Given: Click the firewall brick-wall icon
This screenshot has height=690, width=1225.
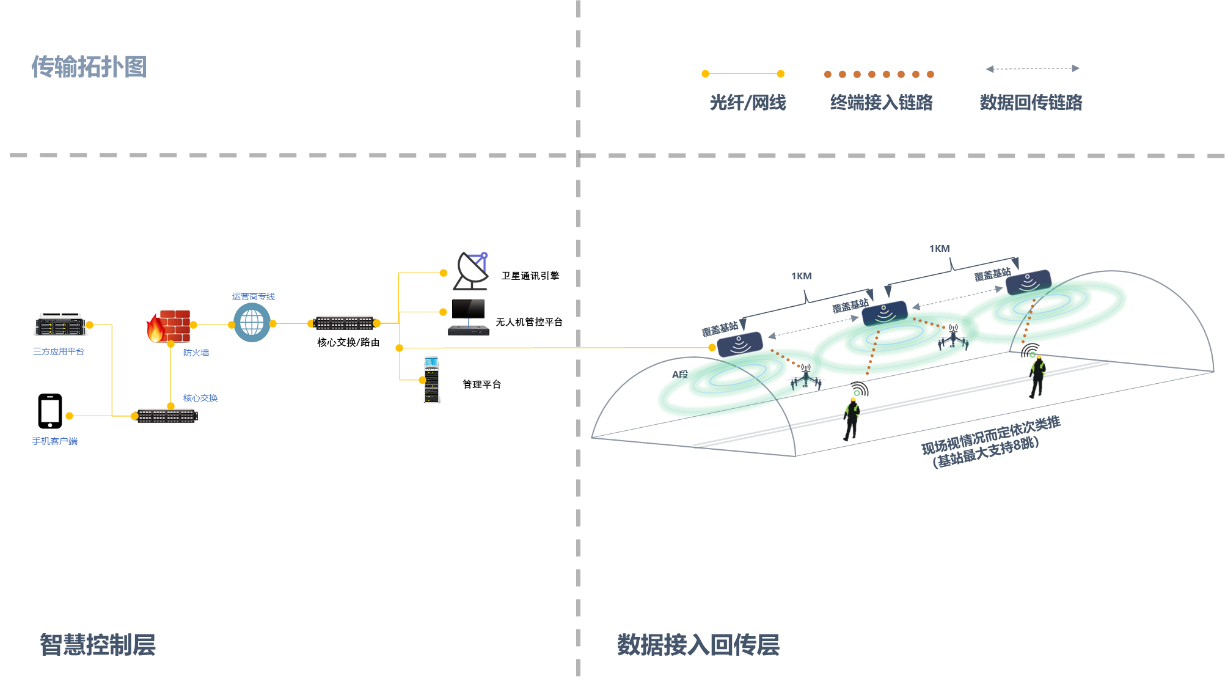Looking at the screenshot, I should (169, 326).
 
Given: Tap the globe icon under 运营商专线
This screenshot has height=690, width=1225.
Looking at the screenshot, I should (252, 322).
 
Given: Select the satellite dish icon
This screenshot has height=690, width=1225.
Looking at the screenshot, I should (470, 271).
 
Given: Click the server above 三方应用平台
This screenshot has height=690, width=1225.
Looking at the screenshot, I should (60, 325).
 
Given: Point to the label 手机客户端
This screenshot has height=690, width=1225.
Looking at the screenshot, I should (55, 441).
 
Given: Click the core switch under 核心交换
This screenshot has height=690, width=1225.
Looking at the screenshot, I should (167, 416).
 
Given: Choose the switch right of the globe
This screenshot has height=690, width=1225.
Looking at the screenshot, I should (344, 323).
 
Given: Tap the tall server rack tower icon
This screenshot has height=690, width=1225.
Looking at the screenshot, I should (432, 380).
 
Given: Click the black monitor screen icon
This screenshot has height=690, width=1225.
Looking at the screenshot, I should (469, 309).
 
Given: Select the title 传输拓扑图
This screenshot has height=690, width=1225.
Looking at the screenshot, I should (89, 67).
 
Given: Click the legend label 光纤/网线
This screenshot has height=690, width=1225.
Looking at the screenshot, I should (748, 102).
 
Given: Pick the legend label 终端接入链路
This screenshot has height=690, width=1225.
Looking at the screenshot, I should (881, 102).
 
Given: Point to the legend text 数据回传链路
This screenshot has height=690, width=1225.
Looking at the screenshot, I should (1031, 102).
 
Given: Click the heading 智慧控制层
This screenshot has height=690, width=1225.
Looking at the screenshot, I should (98, 645).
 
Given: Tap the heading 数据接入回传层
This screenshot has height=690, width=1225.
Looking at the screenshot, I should (698, 645).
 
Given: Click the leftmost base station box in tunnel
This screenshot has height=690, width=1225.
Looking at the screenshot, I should (740, 344).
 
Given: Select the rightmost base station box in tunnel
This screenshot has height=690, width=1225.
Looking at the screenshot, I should (1028, 282).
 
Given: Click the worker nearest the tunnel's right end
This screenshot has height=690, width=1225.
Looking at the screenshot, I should (1037, 375).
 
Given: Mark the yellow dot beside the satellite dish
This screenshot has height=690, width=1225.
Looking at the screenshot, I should (444, 273).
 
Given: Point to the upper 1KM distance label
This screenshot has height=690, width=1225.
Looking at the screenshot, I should (940, 249).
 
